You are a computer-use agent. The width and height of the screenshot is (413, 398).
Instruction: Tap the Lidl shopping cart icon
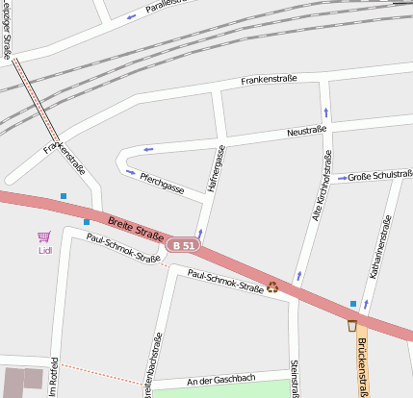tap(43, 236)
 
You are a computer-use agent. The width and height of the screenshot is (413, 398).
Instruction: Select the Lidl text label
tap(44, 251)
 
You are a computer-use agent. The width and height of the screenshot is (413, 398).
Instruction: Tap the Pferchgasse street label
tap(161, 183)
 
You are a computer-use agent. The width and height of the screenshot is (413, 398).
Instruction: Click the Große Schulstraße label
tap(379, 176)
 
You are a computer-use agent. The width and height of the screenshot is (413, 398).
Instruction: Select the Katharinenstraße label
tap(377, 247)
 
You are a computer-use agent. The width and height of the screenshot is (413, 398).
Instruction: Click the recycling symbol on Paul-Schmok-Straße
tap(272, 286)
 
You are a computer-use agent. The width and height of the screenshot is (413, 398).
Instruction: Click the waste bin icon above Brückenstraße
tap(352, 325)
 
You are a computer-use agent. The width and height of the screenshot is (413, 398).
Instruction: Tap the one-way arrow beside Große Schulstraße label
tap(341, 177)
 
